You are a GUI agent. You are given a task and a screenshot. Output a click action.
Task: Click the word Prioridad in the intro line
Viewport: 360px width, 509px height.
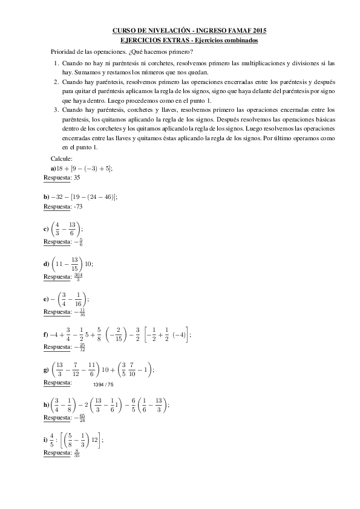[65, 52]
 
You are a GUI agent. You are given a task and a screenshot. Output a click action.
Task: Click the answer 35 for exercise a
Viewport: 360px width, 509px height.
[76, 178]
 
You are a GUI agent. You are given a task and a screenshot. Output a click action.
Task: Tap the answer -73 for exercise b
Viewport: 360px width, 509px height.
[77, 207]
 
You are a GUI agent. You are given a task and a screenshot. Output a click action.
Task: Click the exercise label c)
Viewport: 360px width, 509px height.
[47, 230]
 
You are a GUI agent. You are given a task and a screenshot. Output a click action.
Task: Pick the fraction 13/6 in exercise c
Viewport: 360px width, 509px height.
[73, 230]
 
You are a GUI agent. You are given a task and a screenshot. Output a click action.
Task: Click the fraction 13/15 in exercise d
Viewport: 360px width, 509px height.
[74, 264]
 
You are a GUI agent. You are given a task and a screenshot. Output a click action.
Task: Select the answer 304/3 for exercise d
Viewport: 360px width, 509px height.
[77, 276]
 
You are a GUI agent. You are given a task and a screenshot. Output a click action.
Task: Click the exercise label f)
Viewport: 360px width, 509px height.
[46, 334]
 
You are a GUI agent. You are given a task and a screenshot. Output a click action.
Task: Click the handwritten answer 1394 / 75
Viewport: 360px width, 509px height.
[103, 384]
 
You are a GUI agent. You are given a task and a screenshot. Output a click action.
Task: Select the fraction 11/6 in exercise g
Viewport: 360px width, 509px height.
[92, 369]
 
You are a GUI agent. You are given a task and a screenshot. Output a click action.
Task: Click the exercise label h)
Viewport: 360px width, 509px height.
[47, 405]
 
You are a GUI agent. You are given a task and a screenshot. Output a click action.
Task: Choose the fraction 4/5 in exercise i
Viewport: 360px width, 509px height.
[53, 440]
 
